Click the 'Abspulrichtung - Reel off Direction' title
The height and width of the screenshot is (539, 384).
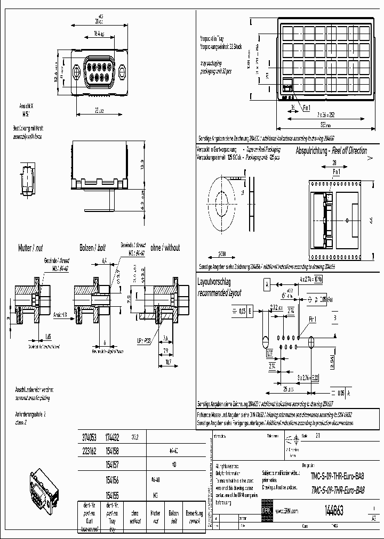(331, 151)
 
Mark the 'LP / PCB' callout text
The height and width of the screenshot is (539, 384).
(143, 339)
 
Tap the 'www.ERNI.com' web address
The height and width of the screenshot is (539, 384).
(286, 511)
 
